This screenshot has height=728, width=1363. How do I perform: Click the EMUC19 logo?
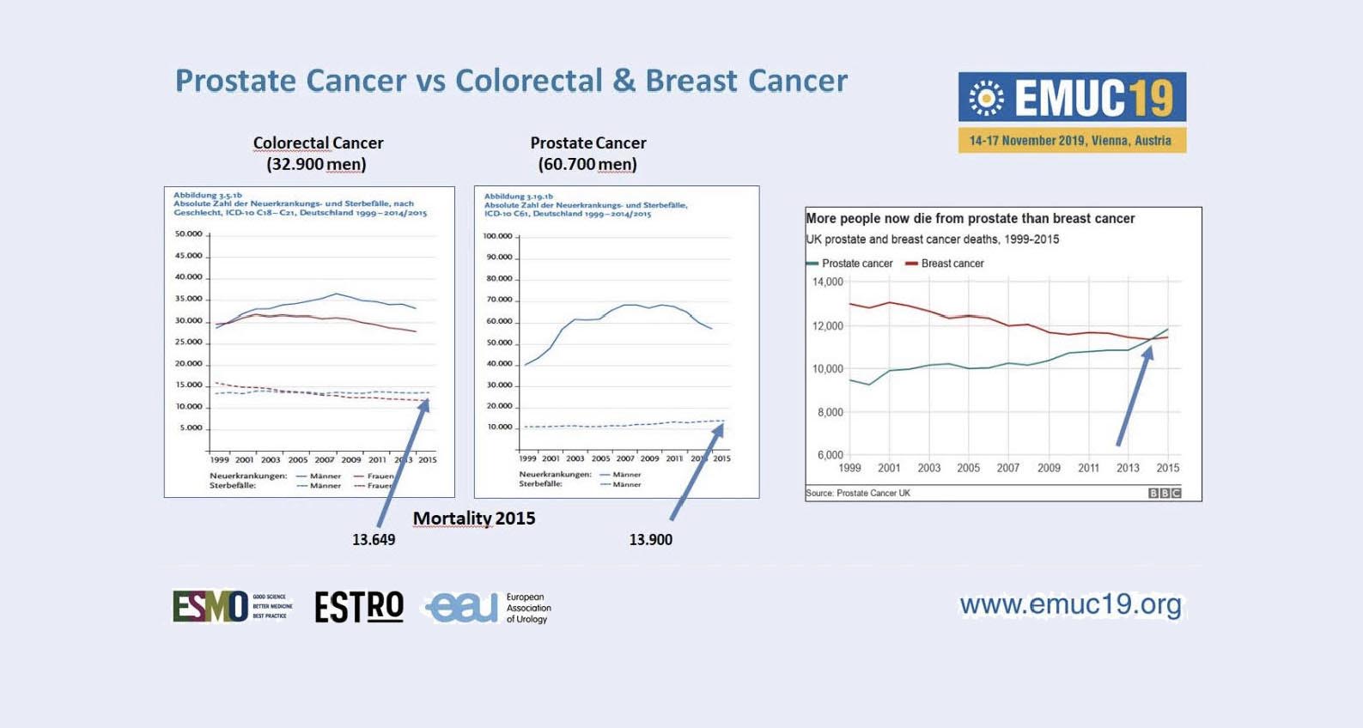pyautogui.click(x=1072, y=97)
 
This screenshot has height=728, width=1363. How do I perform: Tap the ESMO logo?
pyautogui.click(x=211, y=606)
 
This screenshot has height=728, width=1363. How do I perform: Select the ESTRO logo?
pyautogui.click(x=359, y=606)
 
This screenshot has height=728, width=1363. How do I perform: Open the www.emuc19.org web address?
pyautogui.click(x=1070, y=604)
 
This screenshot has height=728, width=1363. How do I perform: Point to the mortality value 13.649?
pyautogui.click(x=374, y=540)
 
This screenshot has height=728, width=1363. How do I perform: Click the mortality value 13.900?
pyautogui.click(x=650, y=540)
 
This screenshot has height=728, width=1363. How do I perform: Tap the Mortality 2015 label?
pyautogui.click(x=474, y=519)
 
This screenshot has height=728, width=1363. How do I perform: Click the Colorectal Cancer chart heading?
pyautogui.click(x=318, y=143)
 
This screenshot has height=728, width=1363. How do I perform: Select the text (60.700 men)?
pyautogui.click(x=587, y=164)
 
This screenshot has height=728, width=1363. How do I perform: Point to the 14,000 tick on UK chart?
pyautogui.click(x=828, y=282)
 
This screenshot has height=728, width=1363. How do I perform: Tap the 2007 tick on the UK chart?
pyautogui.click(x=1008, y=468)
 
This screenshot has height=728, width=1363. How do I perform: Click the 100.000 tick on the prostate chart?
pyautogui.click(x=497, y=236)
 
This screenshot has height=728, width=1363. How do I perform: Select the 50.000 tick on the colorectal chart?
pyautogui.click(x=188, y=234)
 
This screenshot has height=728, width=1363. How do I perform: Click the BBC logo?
pyautogui.click(x=1165, y=493)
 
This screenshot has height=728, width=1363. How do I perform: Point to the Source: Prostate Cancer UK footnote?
pyautogui.click(x=858, y=493)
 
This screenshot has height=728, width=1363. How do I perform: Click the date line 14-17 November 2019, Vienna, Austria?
pyautogui.click(x=1070, y=141)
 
